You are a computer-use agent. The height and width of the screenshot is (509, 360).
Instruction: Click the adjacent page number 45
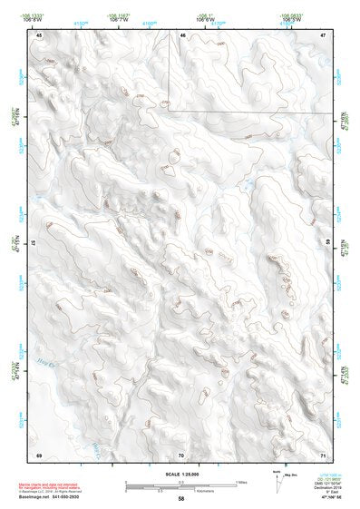coord(39,34)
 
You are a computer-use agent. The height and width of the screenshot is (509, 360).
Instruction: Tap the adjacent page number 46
coord(182,34)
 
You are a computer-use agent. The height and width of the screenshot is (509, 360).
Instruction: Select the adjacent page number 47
coord(323,34)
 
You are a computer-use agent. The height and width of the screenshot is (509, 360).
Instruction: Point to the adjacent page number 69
coord(39,453)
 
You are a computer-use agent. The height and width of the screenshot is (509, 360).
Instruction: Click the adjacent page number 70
coord(181,453)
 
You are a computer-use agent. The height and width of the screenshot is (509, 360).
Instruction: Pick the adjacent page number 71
coord(323,453)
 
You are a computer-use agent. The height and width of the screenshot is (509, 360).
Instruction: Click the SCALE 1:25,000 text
coord(180,475)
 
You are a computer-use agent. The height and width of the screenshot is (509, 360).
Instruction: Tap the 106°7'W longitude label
coord(119,20)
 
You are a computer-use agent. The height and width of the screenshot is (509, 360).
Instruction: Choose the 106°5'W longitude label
coord(289,20)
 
